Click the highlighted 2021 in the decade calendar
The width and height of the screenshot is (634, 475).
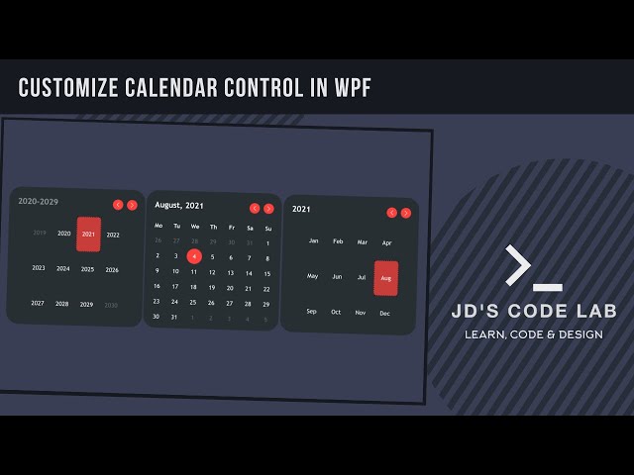tap(88, 235)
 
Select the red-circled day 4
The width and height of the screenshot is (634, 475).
tap(194, 256)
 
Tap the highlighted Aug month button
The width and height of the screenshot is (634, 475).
tap(385, 278)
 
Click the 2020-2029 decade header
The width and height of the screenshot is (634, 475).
tap(38, 202)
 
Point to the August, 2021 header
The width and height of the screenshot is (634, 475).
tap(179, 206)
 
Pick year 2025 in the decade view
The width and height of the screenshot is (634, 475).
tap(87, 269)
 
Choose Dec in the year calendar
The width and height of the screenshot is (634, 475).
tap(384, 314)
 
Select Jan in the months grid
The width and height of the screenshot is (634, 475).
tap(313, 240)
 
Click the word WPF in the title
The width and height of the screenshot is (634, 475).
tap(350, 87)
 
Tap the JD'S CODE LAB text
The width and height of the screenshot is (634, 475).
tap(534, 312)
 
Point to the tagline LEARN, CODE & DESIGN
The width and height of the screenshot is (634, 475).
tap(534, 334)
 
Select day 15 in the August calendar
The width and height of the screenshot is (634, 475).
tap(266, 274)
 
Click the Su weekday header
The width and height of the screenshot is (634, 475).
tap(267, 228)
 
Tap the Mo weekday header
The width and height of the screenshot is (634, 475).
tap(158, 226)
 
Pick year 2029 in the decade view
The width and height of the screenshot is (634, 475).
tap(86, 305)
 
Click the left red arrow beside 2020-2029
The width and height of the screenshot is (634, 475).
tap(118, 205)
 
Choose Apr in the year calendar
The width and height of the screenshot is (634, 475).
tap(386, 242)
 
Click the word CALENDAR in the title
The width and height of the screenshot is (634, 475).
tap(172, 87)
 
